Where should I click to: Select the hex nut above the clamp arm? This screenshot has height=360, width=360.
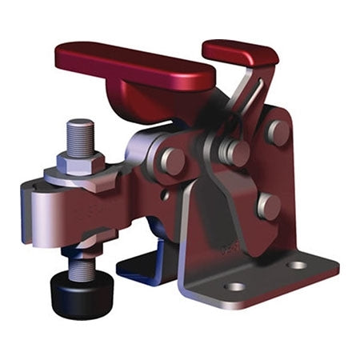click(81, 161)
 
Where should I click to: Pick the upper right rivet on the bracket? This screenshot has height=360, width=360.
click(278, 131)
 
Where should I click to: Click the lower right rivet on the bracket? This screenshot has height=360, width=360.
click(269, 206)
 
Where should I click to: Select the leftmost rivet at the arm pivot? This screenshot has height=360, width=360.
click(172, 161)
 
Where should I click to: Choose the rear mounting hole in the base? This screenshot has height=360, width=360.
click(297, 265)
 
